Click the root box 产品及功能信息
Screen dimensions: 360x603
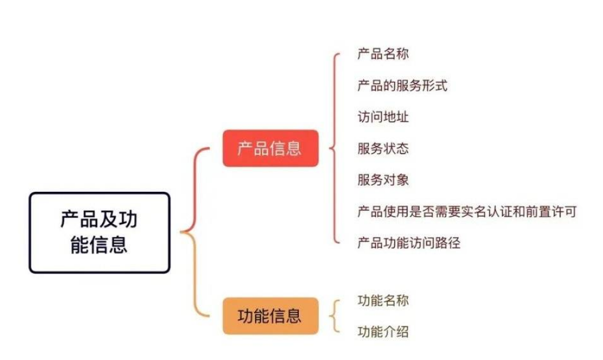(x=99, y=232)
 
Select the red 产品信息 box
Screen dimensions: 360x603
(x=270, y=148)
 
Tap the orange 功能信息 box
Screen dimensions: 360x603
(x=270, y=316)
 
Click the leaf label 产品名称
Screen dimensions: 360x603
(x=383, y=55)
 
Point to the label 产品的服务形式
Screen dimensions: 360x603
(x=402, y=86)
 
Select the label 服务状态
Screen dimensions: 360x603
(x=383, y=149)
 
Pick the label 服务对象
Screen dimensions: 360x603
(x=383, y=180)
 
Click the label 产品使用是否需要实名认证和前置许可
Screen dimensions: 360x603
(x=467, y=211)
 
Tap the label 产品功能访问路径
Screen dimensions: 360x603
(x=408, y=243)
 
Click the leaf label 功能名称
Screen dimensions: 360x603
(x=383, y=300)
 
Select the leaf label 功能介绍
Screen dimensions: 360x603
(x=383, y=332)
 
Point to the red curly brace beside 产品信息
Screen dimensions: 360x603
(x=334, y=148)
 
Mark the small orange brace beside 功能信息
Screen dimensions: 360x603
(x=334, y=316)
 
